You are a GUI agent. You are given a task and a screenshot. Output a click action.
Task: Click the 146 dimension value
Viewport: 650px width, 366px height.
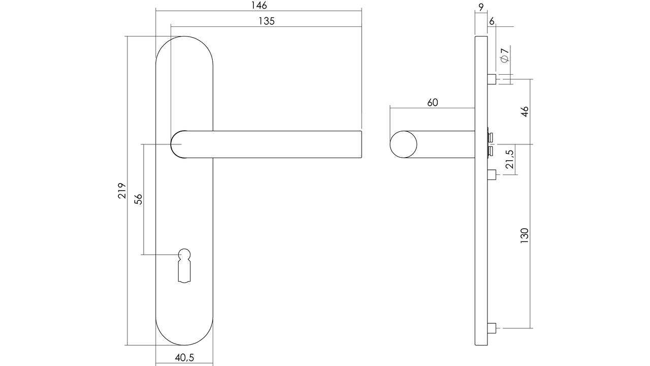pyautogui.click(x=258, y=6)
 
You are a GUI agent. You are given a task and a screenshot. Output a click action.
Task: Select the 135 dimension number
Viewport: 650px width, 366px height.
pyautogui.click(x=267, y=21)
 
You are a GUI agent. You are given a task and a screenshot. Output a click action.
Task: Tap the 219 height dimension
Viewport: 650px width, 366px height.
pyautogui.click(x=122, y=191)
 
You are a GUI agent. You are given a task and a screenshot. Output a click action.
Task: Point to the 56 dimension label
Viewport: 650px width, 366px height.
pyautogui.click(x=139, y=199)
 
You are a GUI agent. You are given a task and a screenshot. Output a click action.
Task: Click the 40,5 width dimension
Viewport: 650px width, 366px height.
pyautogui.click(x=184, y=357)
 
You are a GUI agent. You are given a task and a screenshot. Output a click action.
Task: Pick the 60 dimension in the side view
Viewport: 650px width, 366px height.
pyautogui.click(x=432, y=103)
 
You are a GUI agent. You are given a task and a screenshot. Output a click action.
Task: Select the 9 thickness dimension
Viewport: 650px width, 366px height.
pyautogui.click(x=481, y=7)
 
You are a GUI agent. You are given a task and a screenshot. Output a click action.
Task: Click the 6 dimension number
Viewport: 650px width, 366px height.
pyautogui.click(x=492, y=21)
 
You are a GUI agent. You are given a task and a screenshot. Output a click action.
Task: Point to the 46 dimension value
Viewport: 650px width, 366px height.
pyautogui.click(x=525, y=111)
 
